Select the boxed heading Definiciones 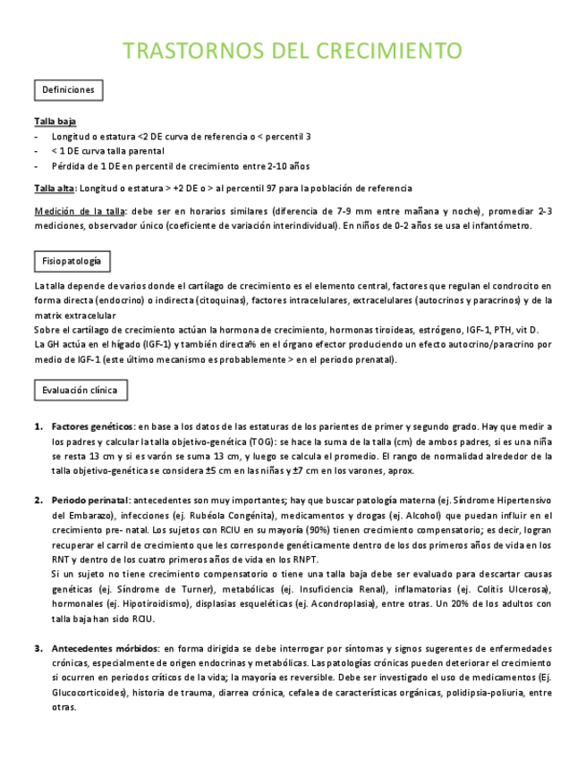[x=68, y=90]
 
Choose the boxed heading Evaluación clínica [x=81, y=391]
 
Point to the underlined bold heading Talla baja [x=55, y=121]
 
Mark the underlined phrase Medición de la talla [x=80, y=211]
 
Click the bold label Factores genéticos [x=92, y=426]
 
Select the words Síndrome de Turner [x=132, y=589]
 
